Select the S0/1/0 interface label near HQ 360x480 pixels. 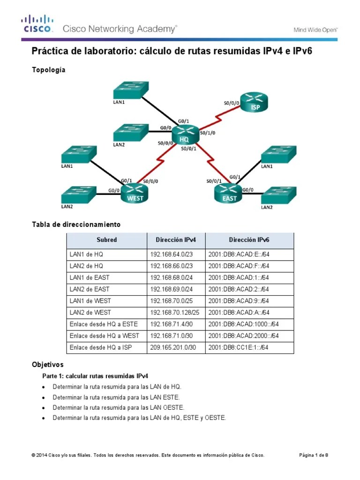pos(208,133)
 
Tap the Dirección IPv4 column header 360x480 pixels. pos(176,240)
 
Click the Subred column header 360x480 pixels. pos(106,240)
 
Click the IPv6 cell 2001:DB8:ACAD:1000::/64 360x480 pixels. pos(243,324)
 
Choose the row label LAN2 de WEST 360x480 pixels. pos(90,312)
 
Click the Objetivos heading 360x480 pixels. pos(47,364)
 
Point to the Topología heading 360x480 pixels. pos(48,70)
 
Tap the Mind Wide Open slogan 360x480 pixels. pos(315,30)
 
